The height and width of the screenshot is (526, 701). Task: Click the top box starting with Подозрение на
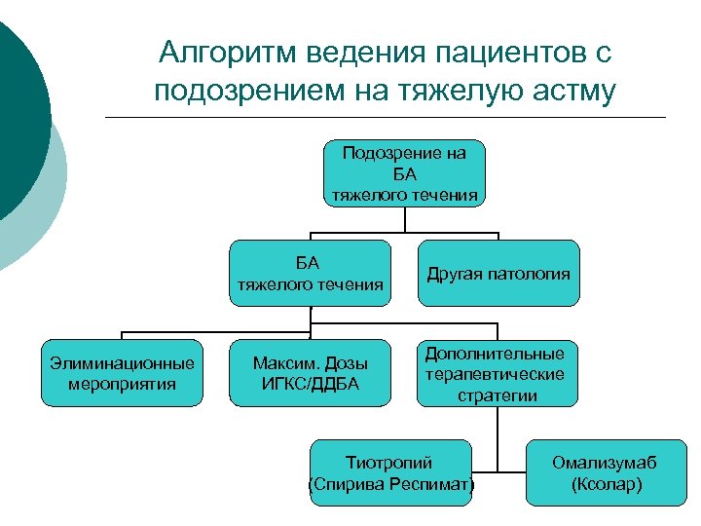404,172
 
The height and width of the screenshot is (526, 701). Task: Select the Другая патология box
498,274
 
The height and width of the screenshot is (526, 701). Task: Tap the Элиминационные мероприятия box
123,373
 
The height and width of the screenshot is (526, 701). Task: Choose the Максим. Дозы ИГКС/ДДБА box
310,373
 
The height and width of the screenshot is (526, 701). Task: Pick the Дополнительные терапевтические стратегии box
498,373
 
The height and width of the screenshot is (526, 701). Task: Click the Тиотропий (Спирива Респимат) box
390,473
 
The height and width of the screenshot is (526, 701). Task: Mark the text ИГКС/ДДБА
310,384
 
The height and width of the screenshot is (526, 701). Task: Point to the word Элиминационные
123,363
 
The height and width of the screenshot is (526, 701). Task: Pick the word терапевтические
498,373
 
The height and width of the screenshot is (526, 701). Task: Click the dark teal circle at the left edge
15,117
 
